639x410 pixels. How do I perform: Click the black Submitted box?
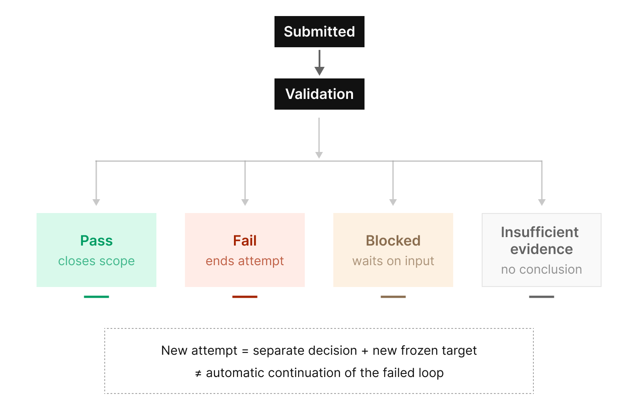point(319,32)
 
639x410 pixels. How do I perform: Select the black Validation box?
point(319,94)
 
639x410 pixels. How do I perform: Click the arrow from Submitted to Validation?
point(319,63)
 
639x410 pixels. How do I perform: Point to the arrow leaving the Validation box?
point(319,138)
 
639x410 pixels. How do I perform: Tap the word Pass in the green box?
point(96,241)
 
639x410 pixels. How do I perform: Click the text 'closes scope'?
point(96,261)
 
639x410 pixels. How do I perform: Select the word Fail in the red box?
point(245,241)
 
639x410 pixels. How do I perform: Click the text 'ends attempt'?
point(245,261)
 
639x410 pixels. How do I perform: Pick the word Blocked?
point(393,241)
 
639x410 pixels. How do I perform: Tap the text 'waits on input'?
point(393,261)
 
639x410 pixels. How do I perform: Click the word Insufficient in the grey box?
point(540,232)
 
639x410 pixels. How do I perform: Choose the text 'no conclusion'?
point(541,269)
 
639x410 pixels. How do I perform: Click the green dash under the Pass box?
point(96,297)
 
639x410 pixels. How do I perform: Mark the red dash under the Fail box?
point(245,297)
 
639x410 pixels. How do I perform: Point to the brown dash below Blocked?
point(393,297)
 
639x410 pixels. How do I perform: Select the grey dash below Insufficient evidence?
point(541,297)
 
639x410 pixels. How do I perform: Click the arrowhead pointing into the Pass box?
point(96,202)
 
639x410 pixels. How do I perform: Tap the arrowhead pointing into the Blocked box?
point(393,202)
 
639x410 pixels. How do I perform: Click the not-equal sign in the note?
point(198,373)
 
